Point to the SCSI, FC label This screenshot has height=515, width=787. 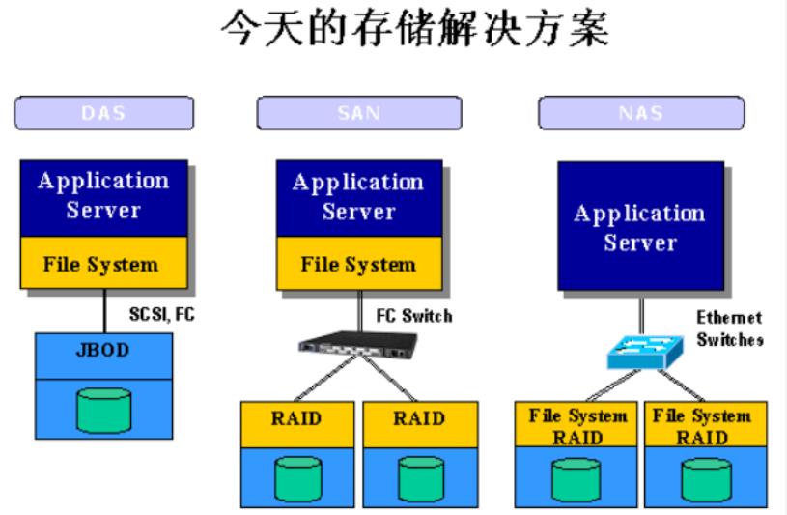(x=156, y=314)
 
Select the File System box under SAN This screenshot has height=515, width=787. (x=358, y=264)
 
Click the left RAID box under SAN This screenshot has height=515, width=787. (x=296, y=418)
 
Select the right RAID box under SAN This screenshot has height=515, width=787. (x=418, y=418)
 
